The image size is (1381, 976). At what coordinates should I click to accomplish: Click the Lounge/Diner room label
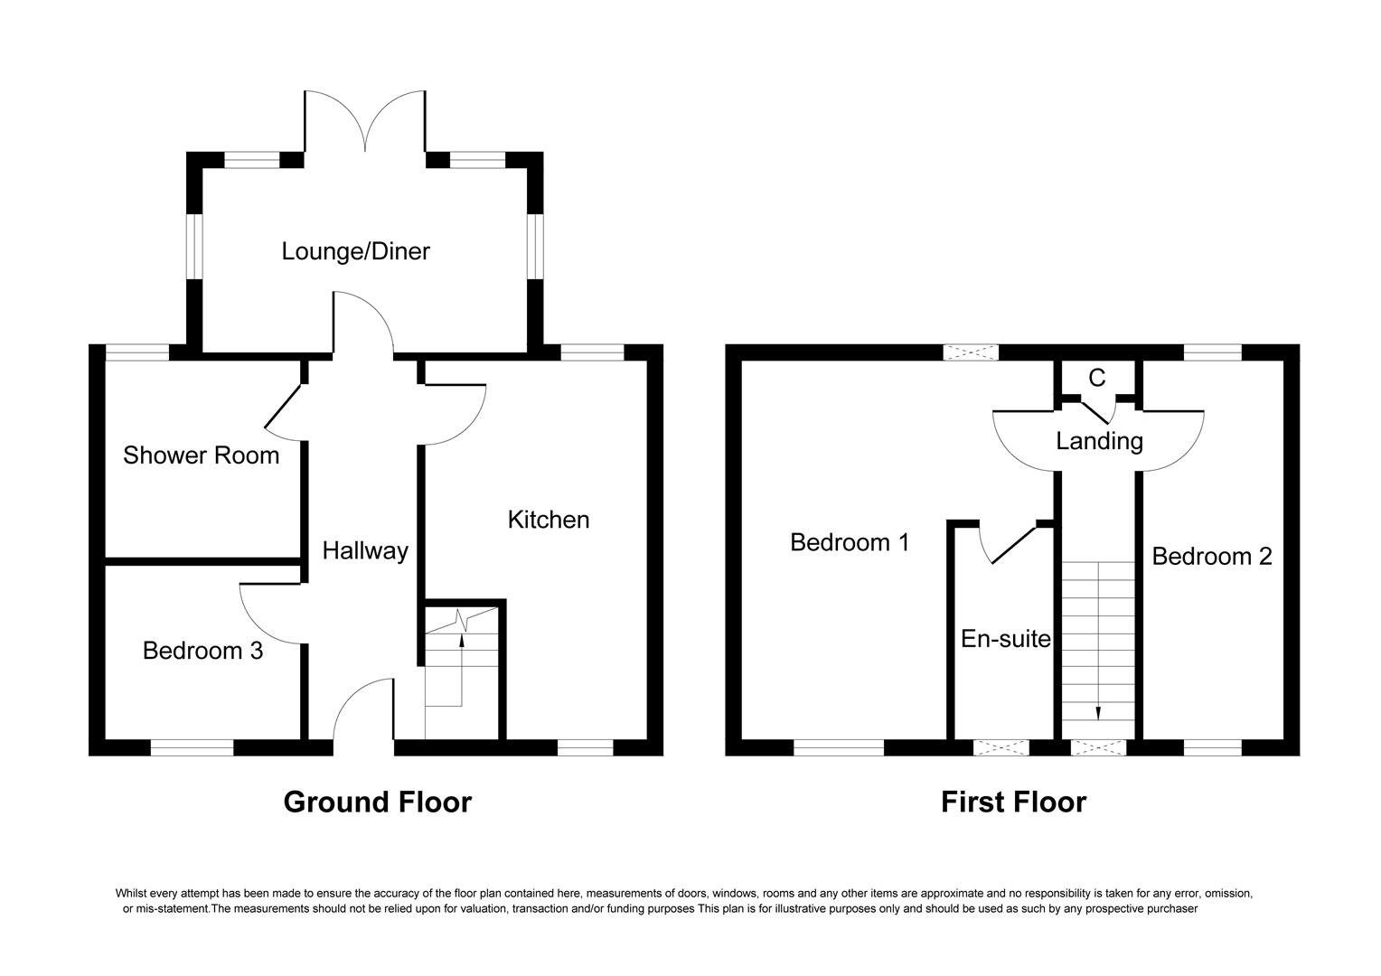pyautogui.click(x=355, y=251)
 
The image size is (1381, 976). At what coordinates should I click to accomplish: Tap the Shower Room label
pyautogui.click(x=201, y=455)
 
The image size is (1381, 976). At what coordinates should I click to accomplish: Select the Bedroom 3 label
pyautogui.click(x=202, y=651)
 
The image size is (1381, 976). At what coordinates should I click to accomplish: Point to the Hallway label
pyautogui.click(x=365, y=551)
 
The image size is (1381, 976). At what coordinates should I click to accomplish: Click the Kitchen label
pyautogui.click(x=548, y=520)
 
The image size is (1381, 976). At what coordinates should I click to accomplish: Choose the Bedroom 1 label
pyautogui.click(x=849, y=542)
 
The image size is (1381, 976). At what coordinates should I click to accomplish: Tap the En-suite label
pyautogui.click(x=1005, y=640)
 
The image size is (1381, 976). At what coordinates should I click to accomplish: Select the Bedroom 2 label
pyautogui.click(x=1211, y=557)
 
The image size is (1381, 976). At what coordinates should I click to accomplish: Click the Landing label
pyautogui.click(x=1099, y=441)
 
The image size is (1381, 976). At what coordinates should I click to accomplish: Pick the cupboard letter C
pyautogui.click(x=1096, y=379)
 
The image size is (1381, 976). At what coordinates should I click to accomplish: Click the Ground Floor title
pyautogui.click(x=377, y=802)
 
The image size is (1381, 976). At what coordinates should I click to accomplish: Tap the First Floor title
pyautogui.click(x=1013, y=802)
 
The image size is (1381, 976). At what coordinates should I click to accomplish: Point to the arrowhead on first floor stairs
pyautogui.click(x=1098, y=713)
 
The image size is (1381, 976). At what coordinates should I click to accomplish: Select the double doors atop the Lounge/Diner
pyautogui.click(x=364, y=122)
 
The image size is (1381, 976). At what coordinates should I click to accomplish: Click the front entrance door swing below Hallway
pyautogui.click(x=362, y=714)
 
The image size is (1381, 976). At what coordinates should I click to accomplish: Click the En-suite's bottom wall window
pyautogui.click(x=1001, y=747)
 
